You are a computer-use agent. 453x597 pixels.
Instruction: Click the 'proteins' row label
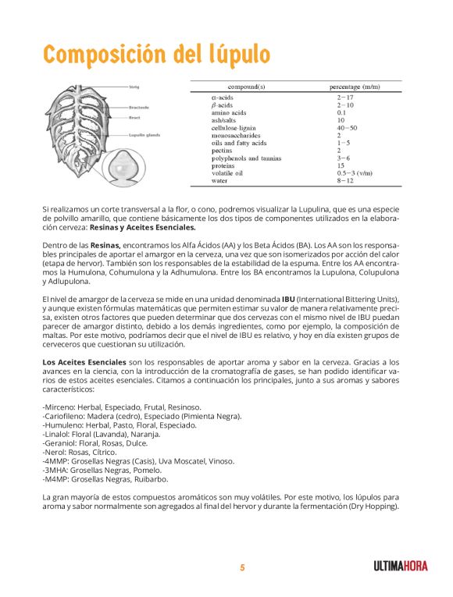[227, 165]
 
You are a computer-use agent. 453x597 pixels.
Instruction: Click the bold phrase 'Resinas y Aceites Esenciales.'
[143, 228]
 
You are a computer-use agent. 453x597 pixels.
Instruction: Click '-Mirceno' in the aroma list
[59, 407]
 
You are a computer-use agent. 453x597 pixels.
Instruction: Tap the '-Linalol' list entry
[56, 434]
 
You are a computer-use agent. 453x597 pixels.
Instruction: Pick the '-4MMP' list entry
[56, 461]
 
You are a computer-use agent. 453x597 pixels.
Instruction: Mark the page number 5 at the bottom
[242, 567]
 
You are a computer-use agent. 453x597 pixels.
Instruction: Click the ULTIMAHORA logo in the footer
[400, 567]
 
